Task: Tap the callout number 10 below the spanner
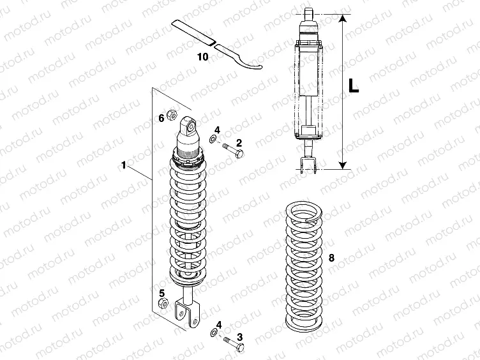tap(202, 56)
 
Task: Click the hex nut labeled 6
tap(171, 116)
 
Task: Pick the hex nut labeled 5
tap(162, 303)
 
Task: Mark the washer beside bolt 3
tap(211, 333)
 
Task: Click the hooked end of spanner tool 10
tap(252, 62)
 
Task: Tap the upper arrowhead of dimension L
tap(343, 20)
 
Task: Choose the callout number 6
tap(161, 118)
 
